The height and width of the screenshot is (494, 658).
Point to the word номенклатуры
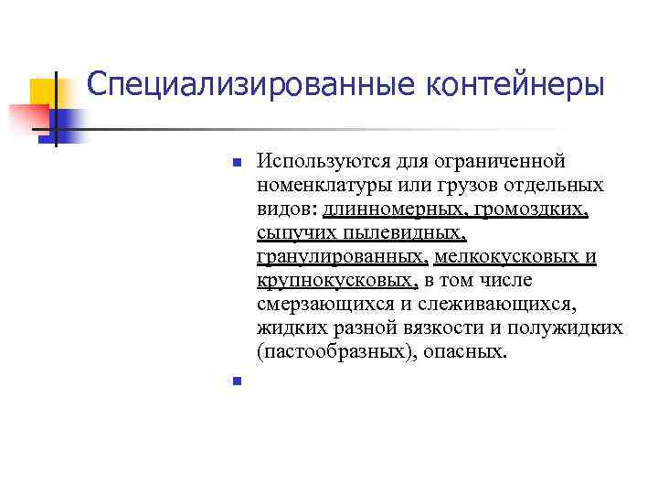coord(319,186)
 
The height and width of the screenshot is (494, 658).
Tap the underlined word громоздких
coord(533,209)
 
